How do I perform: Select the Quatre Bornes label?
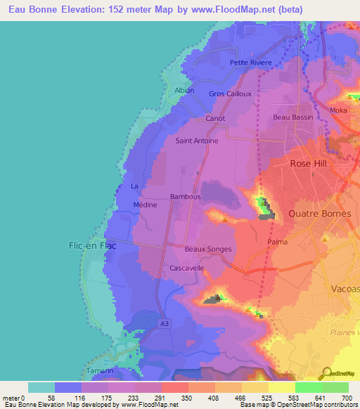(x=321, y=213)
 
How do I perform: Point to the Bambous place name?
(x=186, y=197)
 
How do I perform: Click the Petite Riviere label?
(x=251, y=63)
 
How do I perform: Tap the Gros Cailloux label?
(x=230, y=93)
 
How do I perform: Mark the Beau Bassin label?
(x=291, y=117)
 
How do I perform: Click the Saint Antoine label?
(x=196, y=141)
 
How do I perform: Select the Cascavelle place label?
(x=187, y=268)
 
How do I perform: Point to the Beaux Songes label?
(x=207, y=249)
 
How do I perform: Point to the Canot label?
(x=215, y=118)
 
